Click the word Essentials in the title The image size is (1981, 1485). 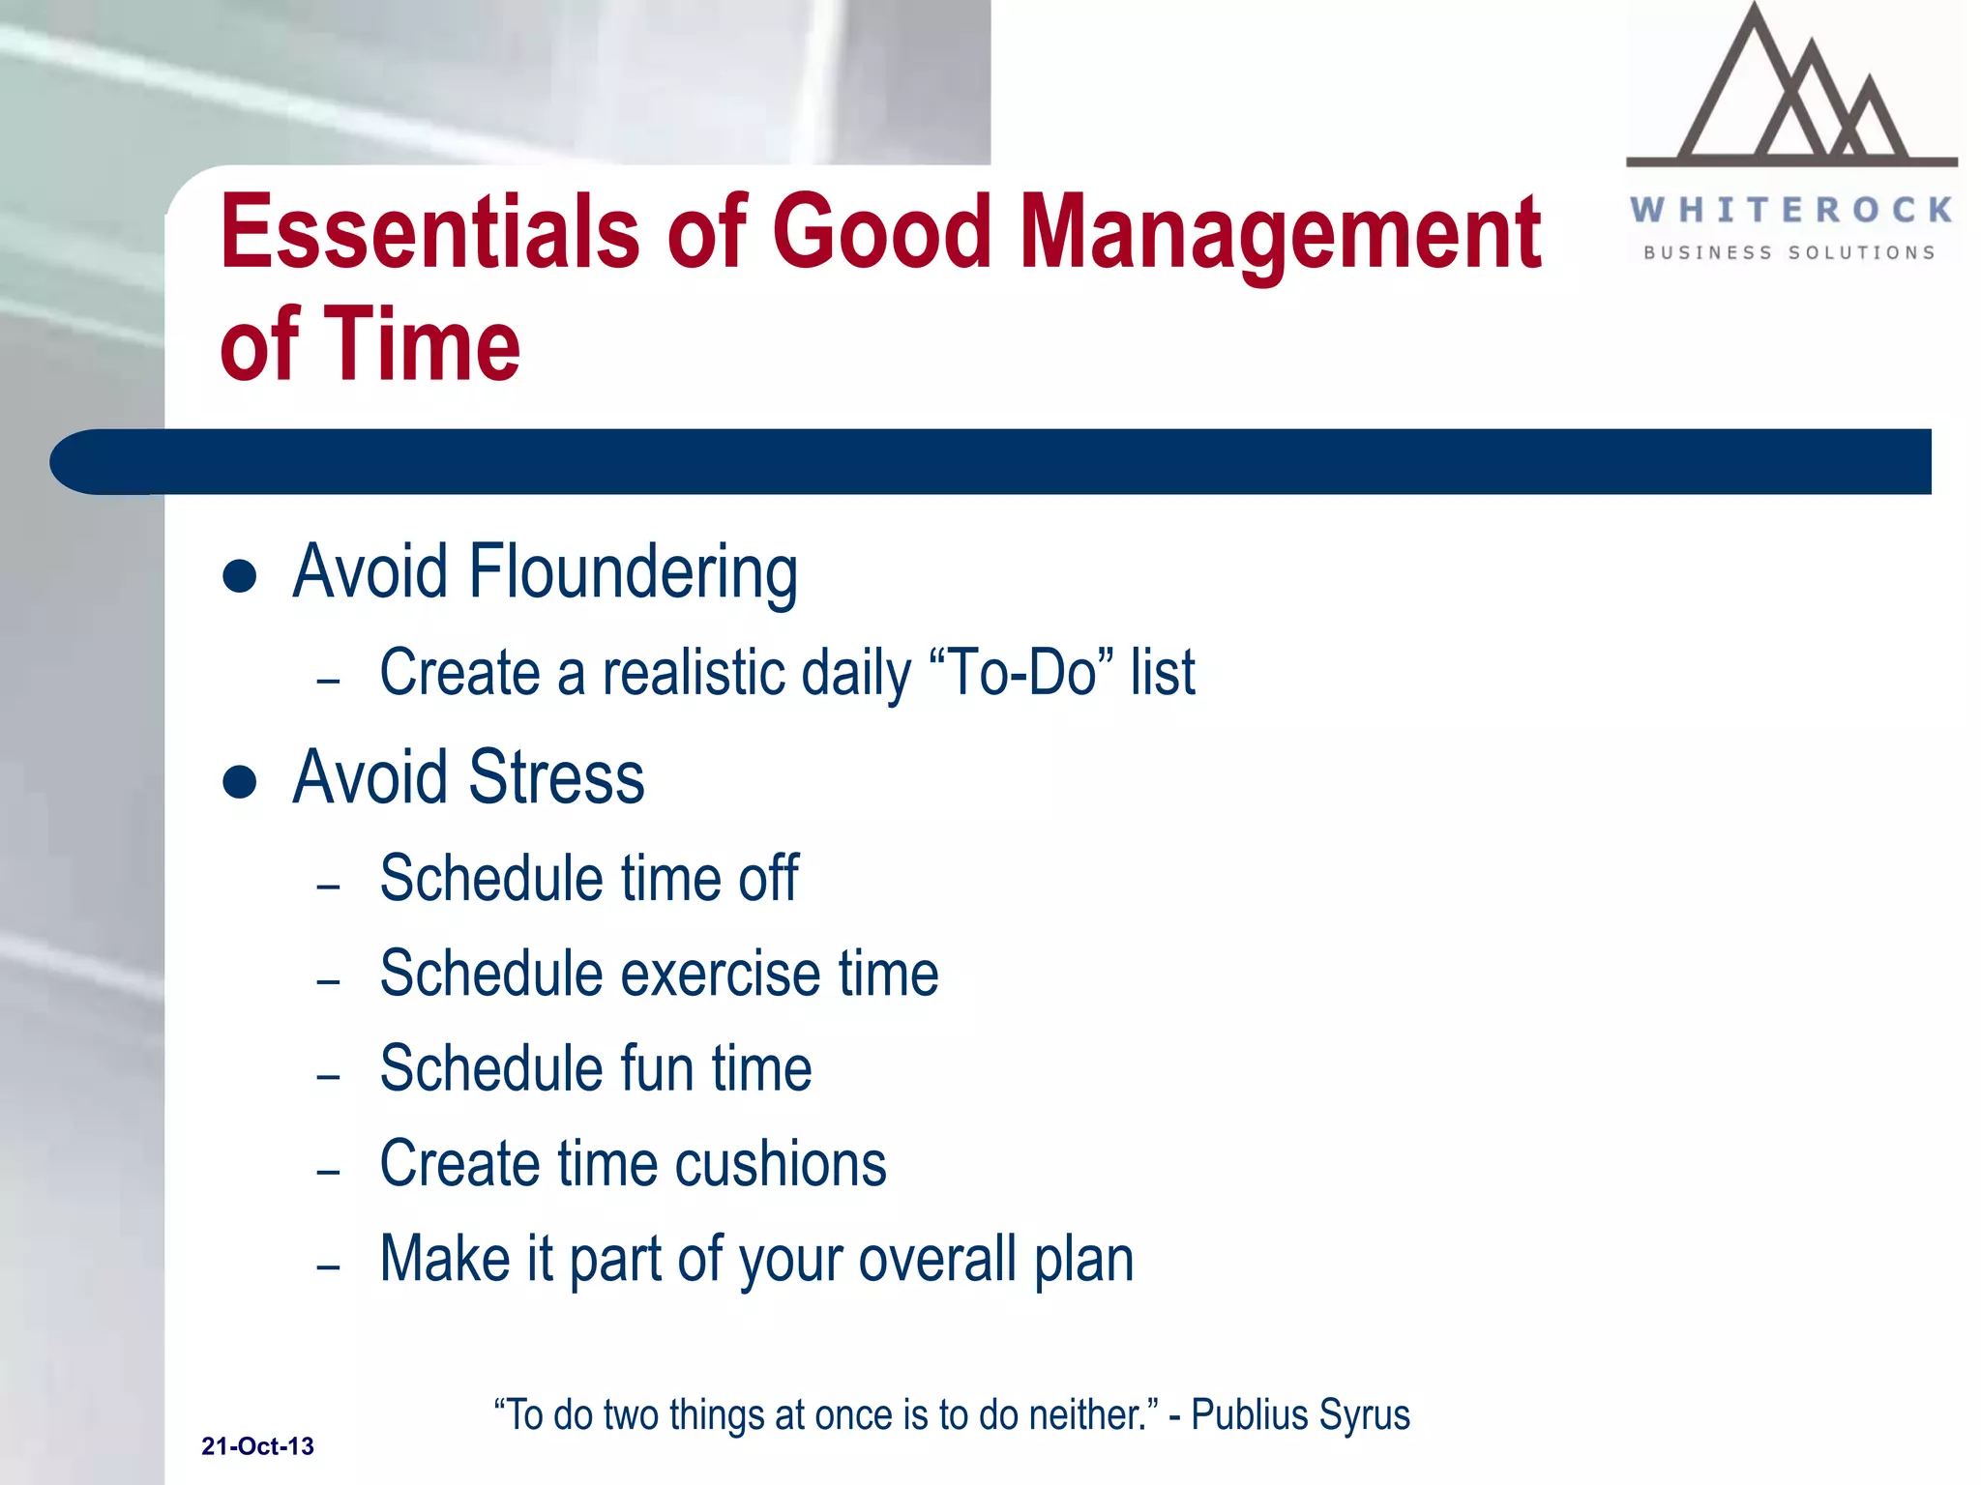pos(429,232)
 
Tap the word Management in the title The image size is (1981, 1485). pos(1280,232)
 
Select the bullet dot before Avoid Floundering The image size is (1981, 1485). pos(239,576)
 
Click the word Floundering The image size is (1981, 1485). pos(633,572)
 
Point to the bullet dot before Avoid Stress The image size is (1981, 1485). pos(239,781)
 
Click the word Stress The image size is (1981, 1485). pos(556,777)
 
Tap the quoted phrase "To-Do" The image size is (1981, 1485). pos(1021,672)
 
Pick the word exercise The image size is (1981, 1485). pos(721,974)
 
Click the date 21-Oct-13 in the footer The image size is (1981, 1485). pos(257,1446)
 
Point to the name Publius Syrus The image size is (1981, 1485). pos(1300,1415)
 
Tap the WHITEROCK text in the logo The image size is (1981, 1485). pos(1791,210)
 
